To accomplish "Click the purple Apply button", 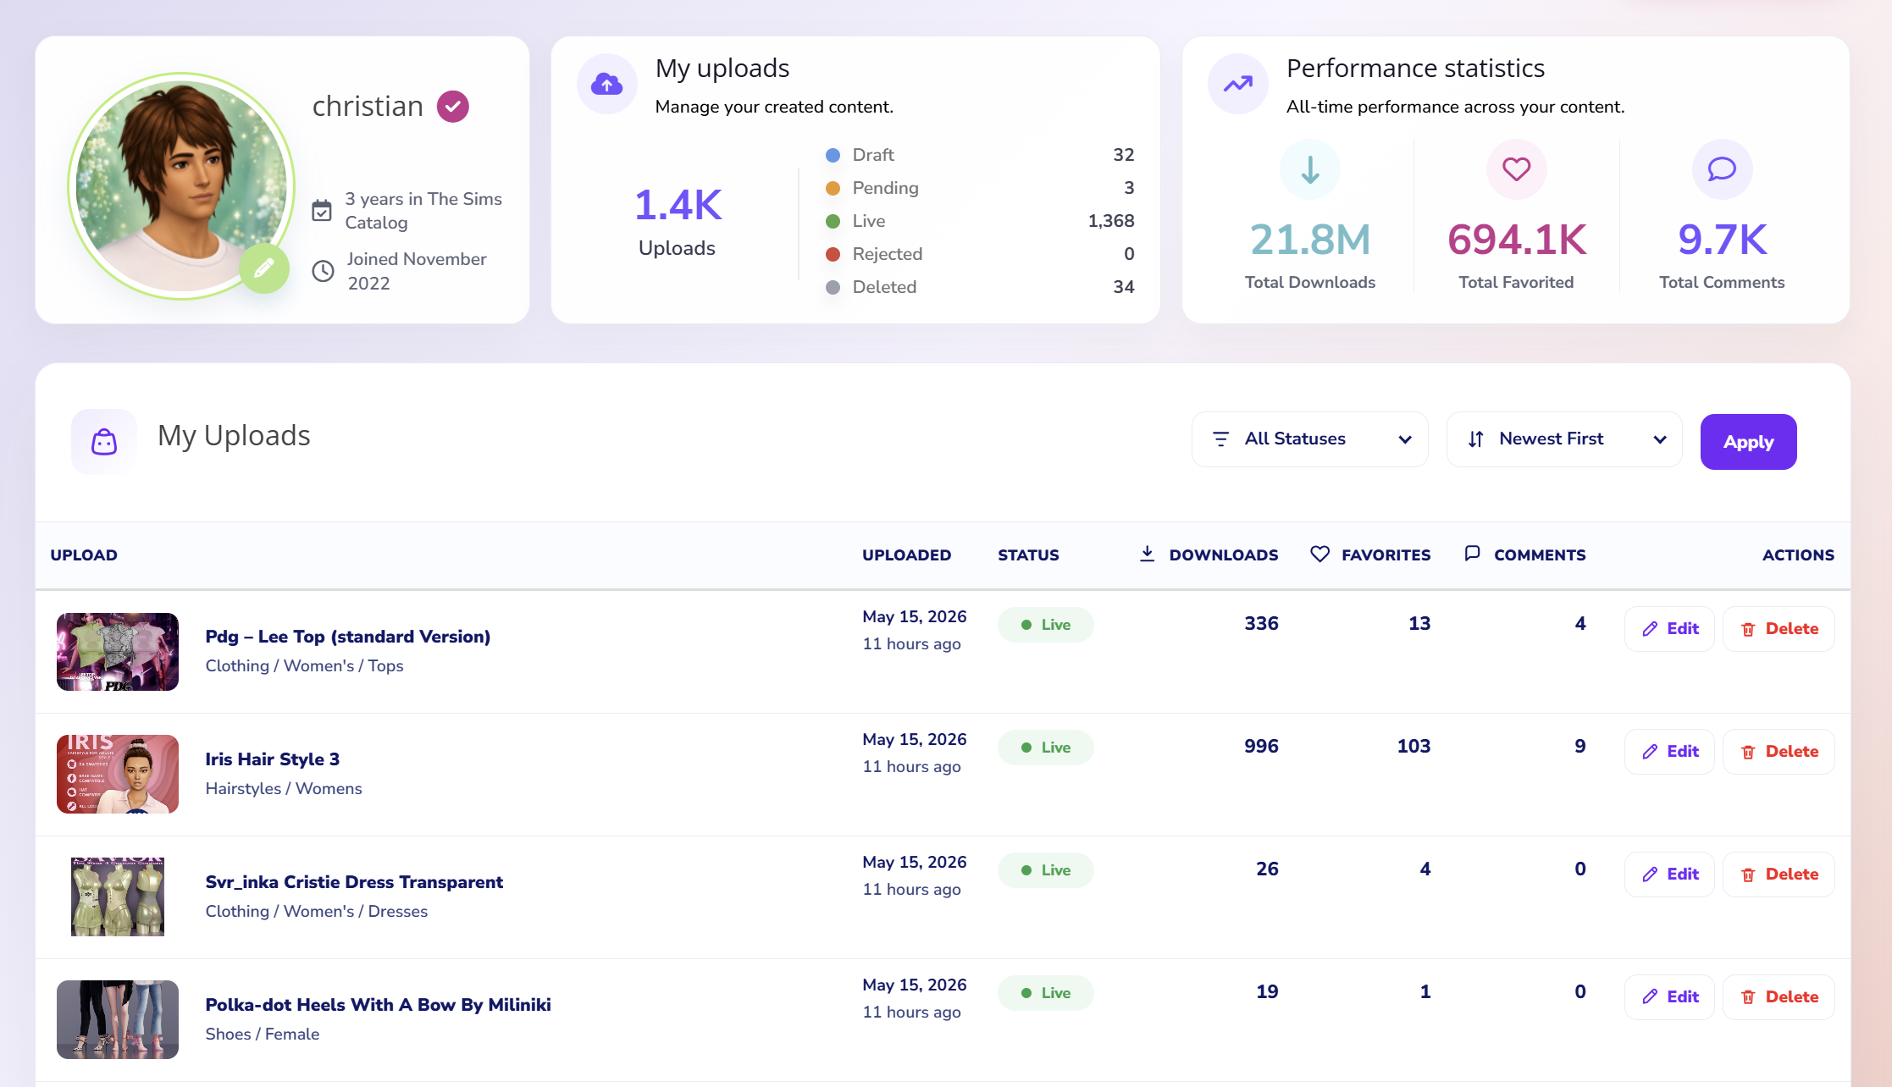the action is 1748,442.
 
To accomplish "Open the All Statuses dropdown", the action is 1309,439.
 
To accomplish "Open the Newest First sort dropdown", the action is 1563,439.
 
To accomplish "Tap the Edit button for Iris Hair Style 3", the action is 1669,752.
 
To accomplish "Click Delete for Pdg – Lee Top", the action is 1779,629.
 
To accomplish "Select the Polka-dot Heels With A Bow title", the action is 378,1005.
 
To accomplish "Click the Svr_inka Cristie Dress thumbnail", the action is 118,897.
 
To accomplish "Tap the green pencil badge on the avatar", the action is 264,268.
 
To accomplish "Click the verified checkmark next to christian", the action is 453,107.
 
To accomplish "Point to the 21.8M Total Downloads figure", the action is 1310,240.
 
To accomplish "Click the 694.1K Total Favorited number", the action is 1517,240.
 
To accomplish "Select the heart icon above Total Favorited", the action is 1517,169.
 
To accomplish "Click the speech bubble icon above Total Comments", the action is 1722,169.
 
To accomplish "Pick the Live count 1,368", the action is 1111,221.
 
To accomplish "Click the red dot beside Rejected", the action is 833,254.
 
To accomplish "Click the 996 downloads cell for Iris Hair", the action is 1261,747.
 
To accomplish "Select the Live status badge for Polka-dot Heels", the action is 1045,993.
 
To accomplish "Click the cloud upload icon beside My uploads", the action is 607,84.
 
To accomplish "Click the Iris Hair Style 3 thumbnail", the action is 118,774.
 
